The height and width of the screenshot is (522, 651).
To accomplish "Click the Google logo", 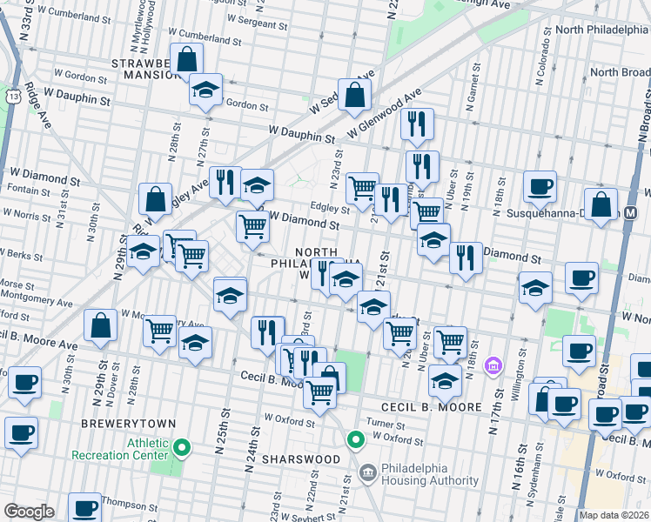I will point(29,512).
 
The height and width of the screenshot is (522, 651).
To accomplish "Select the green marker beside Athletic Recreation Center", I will point(181,449).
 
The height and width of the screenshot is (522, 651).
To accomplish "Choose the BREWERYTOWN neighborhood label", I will point(128,424).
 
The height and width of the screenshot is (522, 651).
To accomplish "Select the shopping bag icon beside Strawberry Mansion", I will point(187,60).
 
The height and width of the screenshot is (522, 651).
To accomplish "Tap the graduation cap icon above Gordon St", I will point(206,90).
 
